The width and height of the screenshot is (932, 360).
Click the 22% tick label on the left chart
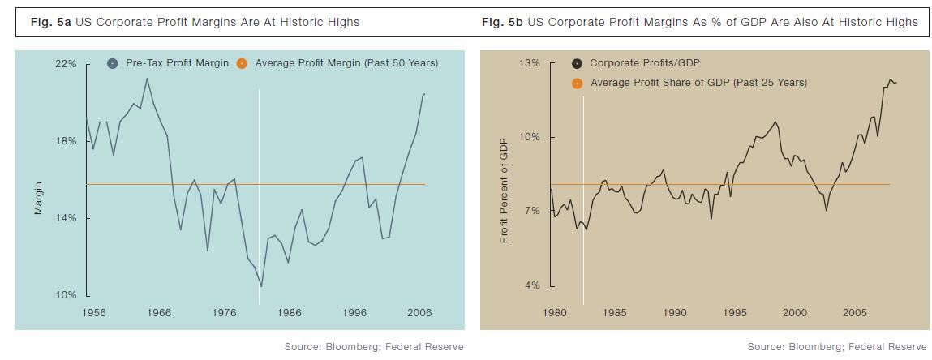(x=67, y=63)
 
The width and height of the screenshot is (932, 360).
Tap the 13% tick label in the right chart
(x=529, y=63)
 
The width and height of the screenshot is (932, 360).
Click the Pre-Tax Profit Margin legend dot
(x=113, y=63)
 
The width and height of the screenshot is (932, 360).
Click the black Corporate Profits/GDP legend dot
(x=577, y=63)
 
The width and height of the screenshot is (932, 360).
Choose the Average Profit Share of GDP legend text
(x=698, y=83)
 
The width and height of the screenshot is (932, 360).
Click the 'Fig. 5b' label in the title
(x=502, y=23)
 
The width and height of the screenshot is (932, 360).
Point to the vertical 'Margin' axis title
(x=38, y=199)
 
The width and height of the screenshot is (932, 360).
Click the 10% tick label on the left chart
(x=67, y=295)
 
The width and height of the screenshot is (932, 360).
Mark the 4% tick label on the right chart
(x=533, y=285)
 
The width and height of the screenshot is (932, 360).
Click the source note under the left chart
(x=373, y=347)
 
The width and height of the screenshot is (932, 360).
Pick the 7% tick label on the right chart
(x=533, y=211)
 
